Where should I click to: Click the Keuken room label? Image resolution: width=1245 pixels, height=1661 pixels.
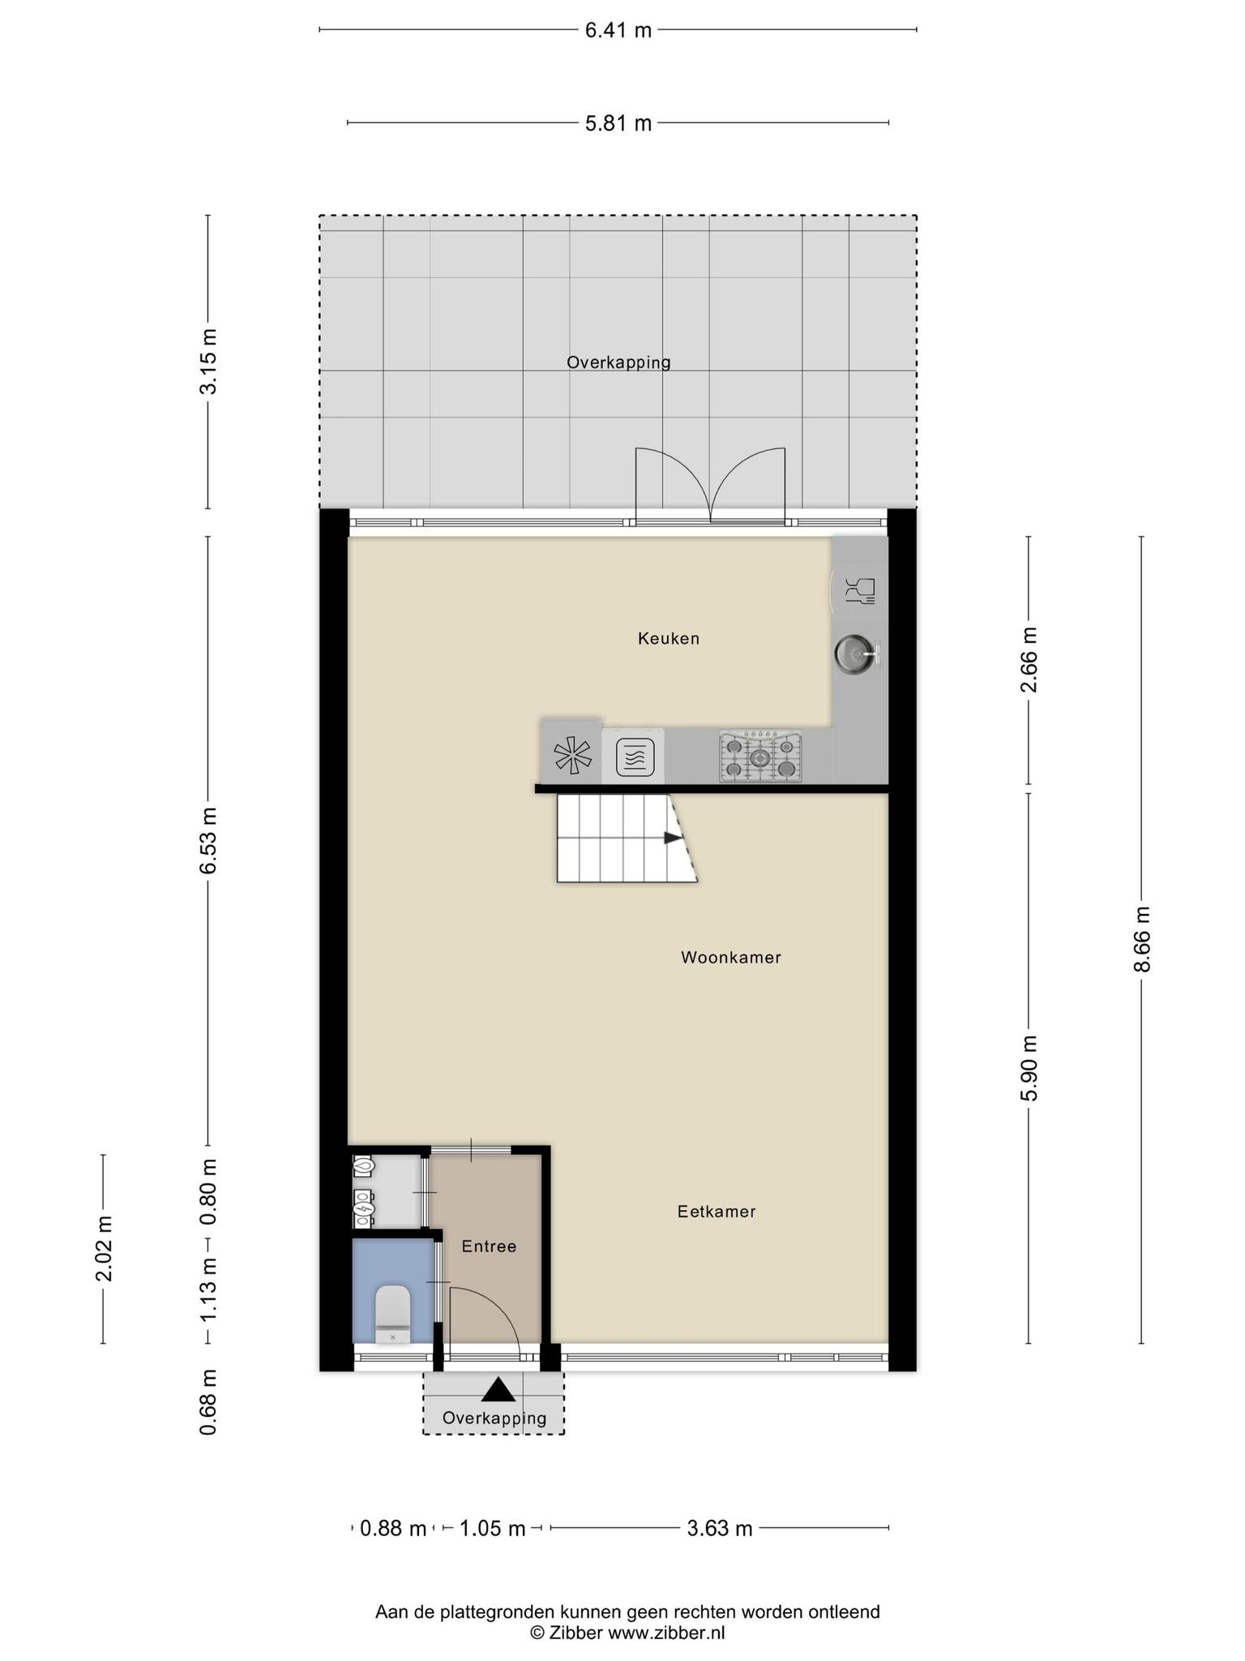668,638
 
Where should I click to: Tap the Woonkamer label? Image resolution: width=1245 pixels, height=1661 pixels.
730,957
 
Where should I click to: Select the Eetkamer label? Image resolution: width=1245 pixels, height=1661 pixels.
717,1211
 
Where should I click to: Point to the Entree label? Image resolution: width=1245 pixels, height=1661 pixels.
489,1246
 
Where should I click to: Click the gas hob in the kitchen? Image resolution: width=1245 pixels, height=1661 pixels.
759,757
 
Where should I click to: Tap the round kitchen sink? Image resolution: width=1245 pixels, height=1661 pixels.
856,652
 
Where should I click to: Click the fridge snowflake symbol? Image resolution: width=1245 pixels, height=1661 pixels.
572,756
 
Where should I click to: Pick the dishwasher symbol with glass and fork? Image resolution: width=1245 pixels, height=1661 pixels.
860,590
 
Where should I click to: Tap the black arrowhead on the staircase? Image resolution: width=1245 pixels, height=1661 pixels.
674,838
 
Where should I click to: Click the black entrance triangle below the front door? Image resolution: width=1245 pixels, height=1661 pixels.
498,1390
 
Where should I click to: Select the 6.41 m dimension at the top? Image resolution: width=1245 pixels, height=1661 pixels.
618,31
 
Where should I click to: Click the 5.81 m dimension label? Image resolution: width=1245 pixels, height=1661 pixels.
618,123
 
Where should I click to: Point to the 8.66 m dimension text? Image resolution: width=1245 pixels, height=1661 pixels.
1141,938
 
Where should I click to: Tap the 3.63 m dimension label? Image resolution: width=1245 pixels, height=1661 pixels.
720,1528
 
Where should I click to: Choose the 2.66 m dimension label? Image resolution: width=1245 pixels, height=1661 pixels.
1029,659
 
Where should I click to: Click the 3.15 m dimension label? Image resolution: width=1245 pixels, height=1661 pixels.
208,361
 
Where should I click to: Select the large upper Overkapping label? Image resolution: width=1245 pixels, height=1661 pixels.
618,363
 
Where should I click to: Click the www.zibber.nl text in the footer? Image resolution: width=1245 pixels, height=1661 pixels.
666,1633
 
